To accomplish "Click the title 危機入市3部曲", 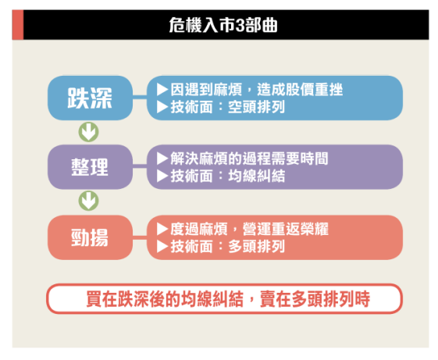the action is pos(223,25).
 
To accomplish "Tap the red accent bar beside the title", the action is pos(18,24).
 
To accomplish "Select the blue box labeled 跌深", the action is pos(90,98).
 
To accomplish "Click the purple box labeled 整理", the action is pos(90,167).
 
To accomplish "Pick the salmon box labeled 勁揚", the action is pos(90,237).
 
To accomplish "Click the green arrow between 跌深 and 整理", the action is pos(88,132).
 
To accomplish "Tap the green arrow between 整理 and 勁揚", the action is pos(88,201).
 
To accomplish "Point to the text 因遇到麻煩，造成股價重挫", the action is pos(256,90).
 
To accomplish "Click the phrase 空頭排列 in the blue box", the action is pos(256,107).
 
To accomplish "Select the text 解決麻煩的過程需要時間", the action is pos(249,159).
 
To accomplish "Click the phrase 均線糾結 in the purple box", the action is pos(256,176).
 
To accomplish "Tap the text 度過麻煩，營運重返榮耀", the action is pos(249,229).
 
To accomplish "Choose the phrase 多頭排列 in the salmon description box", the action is pos(256,247).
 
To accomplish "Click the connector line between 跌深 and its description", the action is pos(140,98).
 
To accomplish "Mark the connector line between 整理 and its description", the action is pos(140,166).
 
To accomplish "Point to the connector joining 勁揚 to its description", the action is pos(140,237).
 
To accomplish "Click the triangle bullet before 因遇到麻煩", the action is pos(162,90).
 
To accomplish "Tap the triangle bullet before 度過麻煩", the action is pos(162,229).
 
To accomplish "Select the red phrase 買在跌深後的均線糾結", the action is pos(165,299).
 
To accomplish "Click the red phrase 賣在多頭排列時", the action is pos(315,299).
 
